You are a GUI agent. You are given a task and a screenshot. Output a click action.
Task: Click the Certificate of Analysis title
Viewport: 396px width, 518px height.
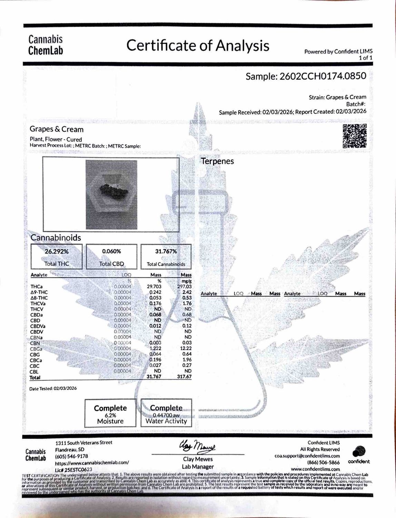click(198, 46)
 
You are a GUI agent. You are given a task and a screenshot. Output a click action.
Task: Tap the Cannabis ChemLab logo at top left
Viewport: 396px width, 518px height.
click(46, 45)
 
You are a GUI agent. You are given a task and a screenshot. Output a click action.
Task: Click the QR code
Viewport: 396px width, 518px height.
click(354, 136)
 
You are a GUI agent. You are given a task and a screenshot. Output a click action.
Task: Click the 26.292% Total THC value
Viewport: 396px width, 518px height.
click(57, 251)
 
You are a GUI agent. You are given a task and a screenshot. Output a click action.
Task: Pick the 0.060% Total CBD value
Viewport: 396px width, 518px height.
click(111, 251)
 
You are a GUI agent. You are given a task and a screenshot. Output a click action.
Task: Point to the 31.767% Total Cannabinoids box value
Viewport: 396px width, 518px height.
click(166, 251)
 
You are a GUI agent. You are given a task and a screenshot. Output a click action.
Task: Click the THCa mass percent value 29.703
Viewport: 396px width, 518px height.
click(155, 286)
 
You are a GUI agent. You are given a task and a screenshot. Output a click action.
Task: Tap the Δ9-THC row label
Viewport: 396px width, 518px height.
click(39, 292)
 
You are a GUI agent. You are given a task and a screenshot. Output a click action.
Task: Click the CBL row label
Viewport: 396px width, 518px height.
click(34, 372)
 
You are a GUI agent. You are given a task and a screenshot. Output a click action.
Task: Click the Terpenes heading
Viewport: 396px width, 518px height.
click(217, 161)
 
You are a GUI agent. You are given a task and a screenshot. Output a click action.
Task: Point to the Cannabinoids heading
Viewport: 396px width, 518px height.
click(56, 238)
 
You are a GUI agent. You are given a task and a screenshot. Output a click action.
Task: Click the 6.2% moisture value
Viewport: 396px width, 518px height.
click(110, 415)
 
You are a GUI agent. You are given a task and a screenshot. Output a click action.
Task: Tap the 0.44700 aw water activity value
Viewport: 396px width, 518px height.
click(166, 415)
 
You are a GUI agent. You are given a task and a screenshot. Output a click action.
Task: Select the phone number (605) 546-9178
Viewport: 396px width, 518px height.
click(72, 456)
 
